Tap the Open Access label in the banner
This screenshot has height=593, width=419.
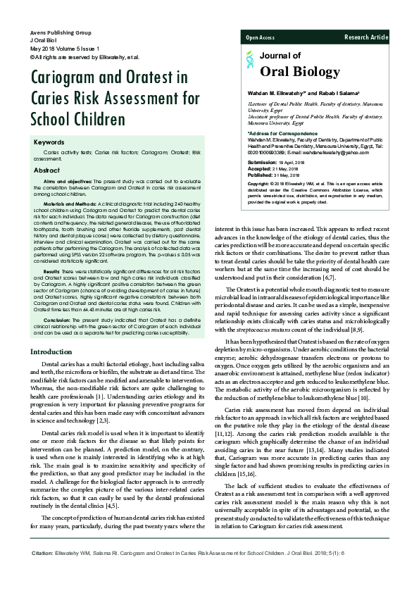pos(261,37)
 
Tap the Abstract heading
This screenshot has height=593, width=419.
pos(47,170)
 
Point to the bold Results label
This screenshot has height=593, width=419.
pos(51,290)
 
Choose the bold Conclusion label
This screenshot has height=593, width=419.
pos(57,320)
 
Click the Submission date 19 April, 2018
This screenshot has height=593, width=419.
pos(270,162)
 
